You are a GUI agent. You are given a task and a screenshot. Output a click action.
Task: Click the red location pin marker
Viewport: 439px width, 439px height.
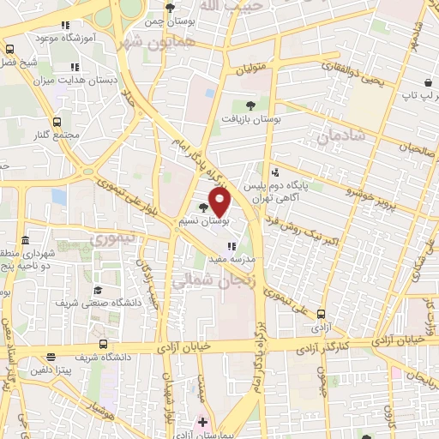click(220, 203)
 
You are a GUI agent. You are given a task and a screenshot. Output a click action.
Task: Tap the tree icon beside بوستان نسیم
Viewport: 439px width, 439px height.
click(203, 207)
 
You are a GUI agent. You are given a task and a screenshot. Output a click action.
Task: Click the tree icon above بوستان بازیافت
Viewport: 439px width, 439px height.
click(250, 105)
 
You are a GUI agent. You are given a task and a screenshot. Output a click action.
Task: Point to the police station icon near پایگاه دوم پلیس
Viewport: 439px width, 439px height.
click(274, 173)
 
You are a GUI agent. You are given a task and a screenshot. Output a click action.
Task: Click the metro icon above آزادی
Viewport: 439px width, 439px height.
click(322, 315)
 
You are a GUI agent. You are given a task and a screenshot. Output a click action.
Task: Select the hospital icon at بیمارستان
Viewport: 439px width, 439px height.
click(203, 422)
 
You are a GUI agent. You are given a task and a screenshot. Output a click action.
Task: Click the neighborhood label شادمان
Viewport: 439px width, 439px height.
click(340, 136)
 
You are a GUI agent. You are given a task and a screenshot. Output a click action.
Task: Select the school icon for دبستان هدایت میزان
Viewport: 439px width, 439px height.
click(75, 67)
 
